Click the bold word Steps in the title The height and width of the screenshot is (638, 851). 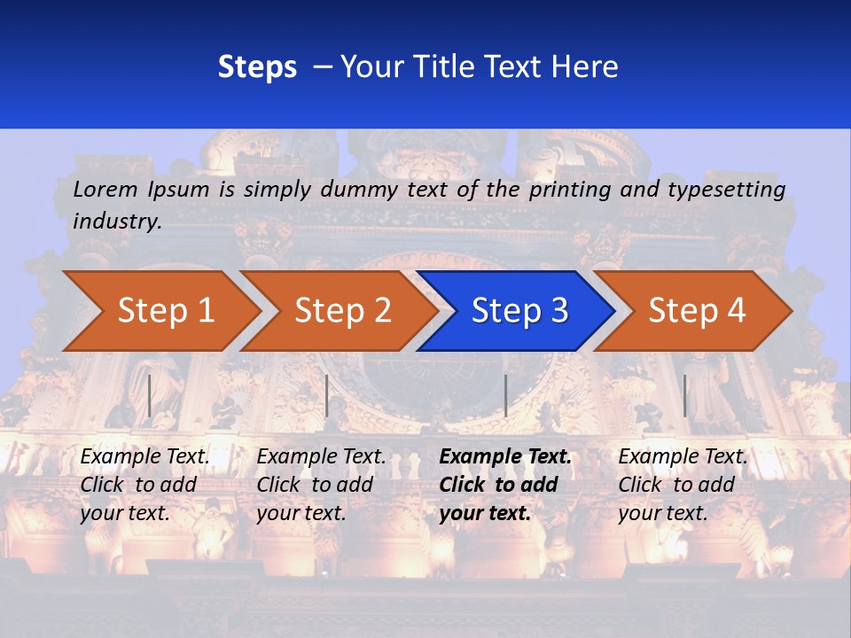click(257, 67)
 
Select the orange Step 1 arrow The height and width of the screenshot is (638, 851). click(160, 311)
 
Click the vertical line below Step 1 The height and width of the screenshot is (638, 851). click(150, 395)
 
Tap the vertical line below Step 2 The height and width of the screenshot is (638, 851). click(327, 395)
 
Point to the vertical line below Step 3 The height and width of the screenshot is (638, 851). click(505, 395)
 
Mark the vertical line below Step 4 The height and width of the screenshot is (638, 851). click(684, 395)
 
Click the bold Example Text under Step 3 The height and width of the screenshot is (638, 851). click(505, 457)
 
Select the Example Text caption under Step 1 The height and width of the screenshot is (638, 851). click(145, 457)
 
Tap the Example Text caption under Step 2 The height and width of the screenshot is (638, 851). click(321, 457)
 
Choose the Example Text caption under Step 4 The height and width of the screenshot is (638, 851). click(683, 457)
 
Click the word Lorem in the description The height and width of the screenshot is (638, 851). click(105, 190)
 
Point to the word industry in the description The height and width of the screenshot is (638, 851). click(117, 222)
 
